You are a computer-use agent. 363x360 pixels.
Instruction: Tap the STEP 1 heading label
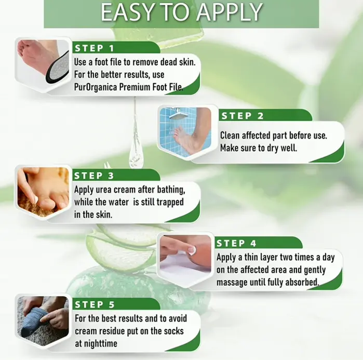pyautogui.click(x=95, y=48)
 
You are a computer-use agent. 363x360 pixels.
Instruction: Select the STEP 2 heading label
pyautogui.click(x=243, y=116)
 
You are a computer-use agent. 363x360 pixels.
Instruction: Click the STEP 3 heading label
pyautogui.click(x=94, y=176)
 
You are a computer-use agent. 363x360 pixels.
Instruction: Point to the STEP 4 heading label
pyautogui.click(x=236, y=243)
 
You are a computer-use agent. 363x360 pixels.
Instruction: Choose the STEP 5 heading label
pyautogui.click(x=95, y=304)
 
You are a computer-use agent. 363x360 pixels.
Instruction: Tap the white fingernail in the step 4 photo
pyautogui.click(x=192, y=250)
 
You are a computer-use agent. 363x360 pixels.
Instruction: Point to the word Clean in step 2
pyautogui.click(x=230, y=136)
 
